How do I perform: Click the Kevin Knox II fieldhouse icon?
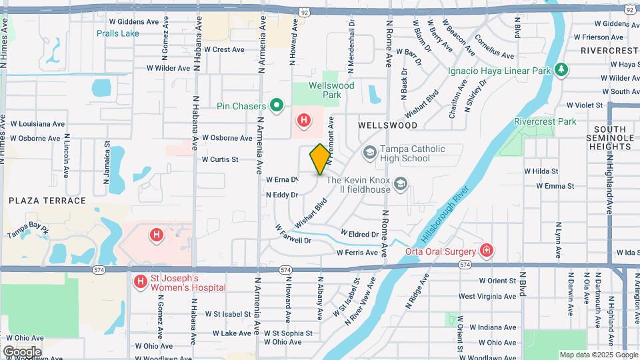[400, 183]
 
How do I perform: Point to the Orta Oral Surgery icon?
[487, 251]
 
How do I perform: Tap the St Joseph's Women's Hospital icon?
[140, 282]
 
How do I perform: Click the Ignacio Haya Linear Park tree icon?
[561, 69]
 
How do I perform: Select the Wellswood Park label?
[331, 90]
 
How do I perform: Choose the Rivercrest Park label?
[545, 121]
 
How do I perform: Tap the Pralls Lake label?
[117, 33]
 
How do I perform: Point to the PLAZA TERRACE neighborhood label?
[47, 201]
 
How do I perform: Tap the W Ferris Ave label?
[357, 253]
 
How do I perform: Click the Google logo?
[22, 351]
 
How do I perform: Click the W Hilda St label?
[541, 171]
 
